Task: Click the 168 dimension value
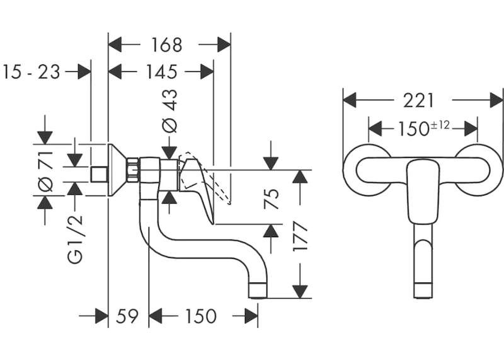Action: coord(166,45)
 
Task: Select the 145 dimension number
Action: coord(162,72)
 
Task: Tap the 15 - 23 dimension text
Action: coord(31,72)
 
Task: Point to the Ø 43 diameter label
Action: coord(170,111)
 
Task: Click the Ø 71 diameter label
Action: coord(45,171)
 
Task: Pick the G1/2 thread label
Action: coord(76,240)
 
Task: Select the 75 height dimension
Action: coord(272,199)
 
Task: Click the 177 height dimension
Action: coord(301,236)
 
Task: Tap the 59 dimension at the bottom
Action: coord(127,316)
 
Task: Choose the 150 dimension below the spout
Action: coord(200,316)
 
